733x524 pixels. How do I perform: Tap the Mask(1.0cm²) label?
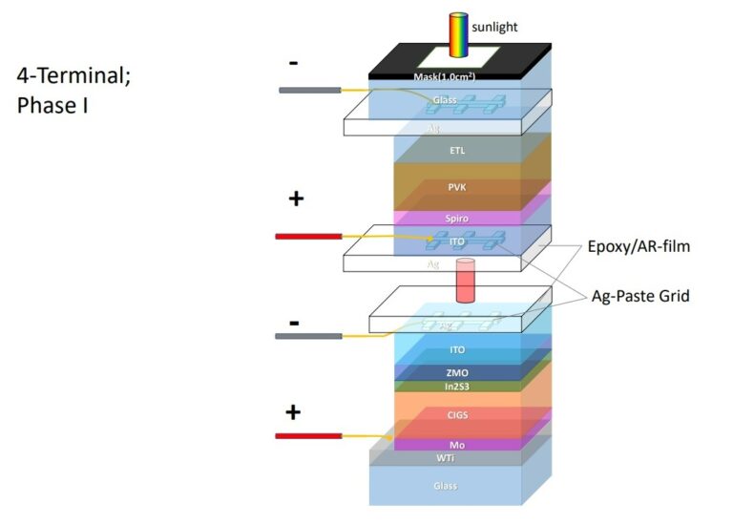tap(457, 76)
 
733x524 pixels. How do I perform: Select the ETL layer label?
tap(457, 150)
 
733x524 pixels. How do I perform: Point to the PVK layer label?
tap(457, 188)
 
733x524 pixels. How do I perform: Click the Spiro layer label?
tap(457, 219)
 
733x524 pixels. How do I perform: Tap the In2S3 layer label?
tap(457, 387)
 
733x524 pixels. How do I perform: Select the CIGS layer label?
tap(457, 415)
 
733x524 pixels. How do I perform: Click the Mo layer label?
tap(457, 445)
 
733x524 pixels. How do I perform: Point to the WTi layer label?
tap(446, 458)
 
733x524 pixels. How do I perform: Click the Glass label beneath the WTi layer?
tap(446, 486)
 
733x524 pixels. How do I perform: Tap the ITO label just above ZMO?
tap(457, 350)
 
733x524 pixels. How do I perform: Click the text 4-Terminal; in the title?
tap(73, 74)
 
